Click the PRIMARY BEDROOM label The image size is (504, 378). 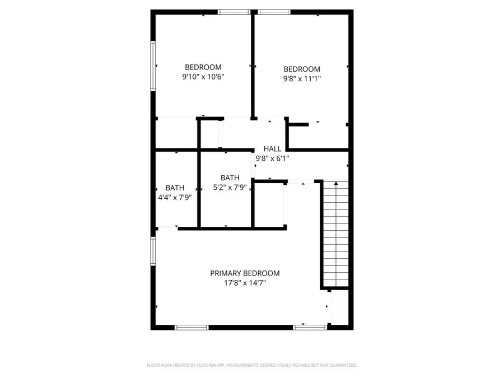pos(245,273)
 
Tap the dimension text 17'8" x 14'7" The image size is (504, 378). pos(245,283)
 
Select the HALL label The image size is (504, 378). pos(272,149)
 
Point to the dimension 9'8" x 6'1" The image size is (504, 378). pos(272,158)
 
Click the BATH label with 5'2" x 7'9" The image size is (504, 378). pos(230,178)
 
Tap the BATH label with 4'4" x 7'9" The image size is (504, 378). pos(175,188)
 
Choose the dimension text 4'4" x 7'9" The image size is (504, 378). pos(175,197)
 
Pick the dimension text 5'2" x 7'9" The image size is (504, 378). pos(230,187)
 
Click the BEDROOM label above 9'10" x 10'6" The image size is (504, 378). pos(203,67)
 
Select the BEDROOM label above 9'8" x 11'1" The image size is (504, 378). pos(302,69)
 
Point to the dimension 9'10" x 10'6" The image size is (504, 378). pos(203,77)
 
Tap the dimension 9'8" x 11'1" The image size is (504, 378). pos(302,78)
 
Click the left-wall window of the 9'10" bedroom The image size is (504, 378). pos(152,65)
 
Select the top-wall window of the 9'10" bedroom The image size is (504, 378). pos(234,11)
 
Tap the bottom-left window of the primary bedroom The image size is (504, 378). pos(192,327)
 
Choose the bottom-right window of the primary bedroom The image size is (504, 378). pos(310,327)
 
